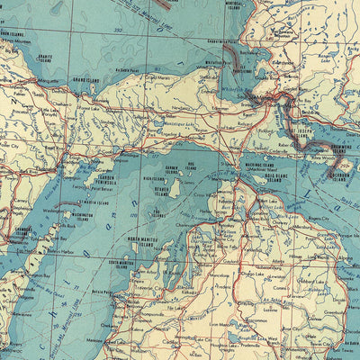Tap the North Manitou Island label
(144, 241)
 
